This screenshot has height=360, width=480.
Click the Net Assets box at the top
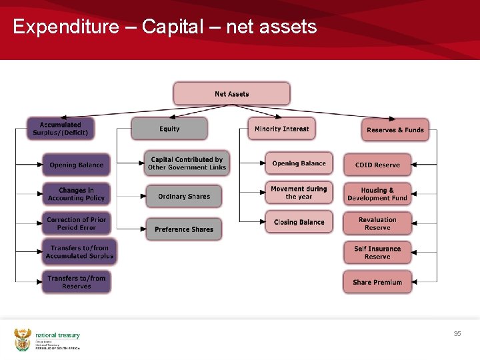[x=231, y=94]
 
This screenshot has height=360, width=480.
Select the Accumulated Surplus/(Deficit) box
[x=60, y=129]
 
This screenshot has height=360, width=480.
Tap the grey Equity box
[x=169, y=129]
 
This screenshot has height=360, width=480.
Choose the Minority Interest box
[x=281, y=129]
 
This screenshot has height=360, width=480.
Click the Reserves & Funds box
[x=395, y=130]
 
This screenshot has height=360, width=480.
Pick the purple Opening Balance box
[x=76, y=165]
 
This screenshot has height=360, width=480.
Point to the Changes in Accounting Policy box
[x=76, y=194]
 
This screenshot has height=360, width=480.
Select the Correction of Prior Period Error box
[x=76, y=223]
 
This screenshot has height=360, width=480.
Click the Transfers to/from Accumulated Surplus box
[x=79, y=252]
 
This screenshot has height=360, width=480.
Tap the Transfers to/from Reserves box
[x=76, y=282]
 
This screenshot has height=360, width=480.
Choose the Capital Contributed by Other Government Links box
[x=187, y=163]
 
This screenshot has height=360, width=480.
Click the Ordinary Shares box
[x=183, y=197]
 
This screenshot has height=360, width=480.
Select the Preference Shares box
[x=183, y=229]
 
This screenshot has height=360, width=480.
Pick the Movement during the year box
[x=299, y=193]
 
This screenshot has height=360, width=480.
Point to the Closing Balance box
[x=299, y=222]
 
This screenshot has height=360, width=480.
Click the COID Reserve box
[x=377, y=165]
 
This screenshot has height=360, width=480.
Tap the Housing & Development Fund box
[x=377, y=194]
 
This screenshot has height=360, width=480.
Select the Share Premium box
[x=377, y=282]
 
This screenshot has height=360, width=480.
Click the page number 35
[x=457, y=333]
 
